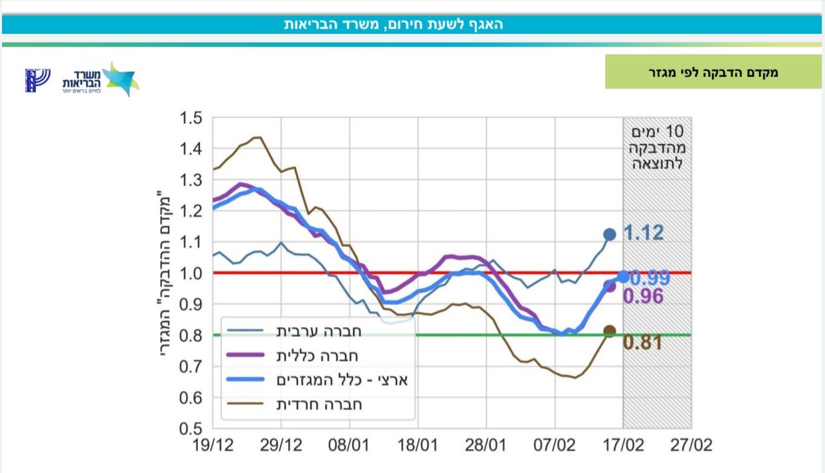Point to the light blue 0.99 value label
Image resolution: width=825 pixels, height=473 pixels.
(650, 278)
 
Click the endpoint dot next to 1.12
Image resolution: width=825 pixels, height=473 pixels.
(610, 235)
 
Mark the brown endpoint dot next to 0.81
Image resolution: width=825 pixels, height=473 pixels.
(610, 331)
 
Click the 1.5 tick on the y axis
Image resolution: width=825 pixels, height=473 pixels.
(192, 118)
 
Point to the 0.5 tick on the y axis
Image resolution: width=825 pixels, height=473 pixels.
(192, 429)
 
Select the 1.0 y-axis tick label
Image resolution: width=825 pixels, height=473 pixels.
(192, 273)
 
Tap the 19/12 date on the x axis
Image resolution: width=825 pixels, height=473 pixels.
(213, 445)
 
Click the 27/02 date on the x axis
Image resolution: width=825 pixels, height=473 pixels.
(692, 445)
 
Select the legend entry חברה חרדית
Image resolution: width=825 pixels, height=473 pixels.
(317, 403)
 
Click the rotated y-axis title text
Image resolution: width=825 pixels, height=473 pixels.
(167, 273)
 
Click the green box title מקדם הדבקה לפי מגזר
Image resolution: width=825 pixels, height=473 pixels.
(712, 72)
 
